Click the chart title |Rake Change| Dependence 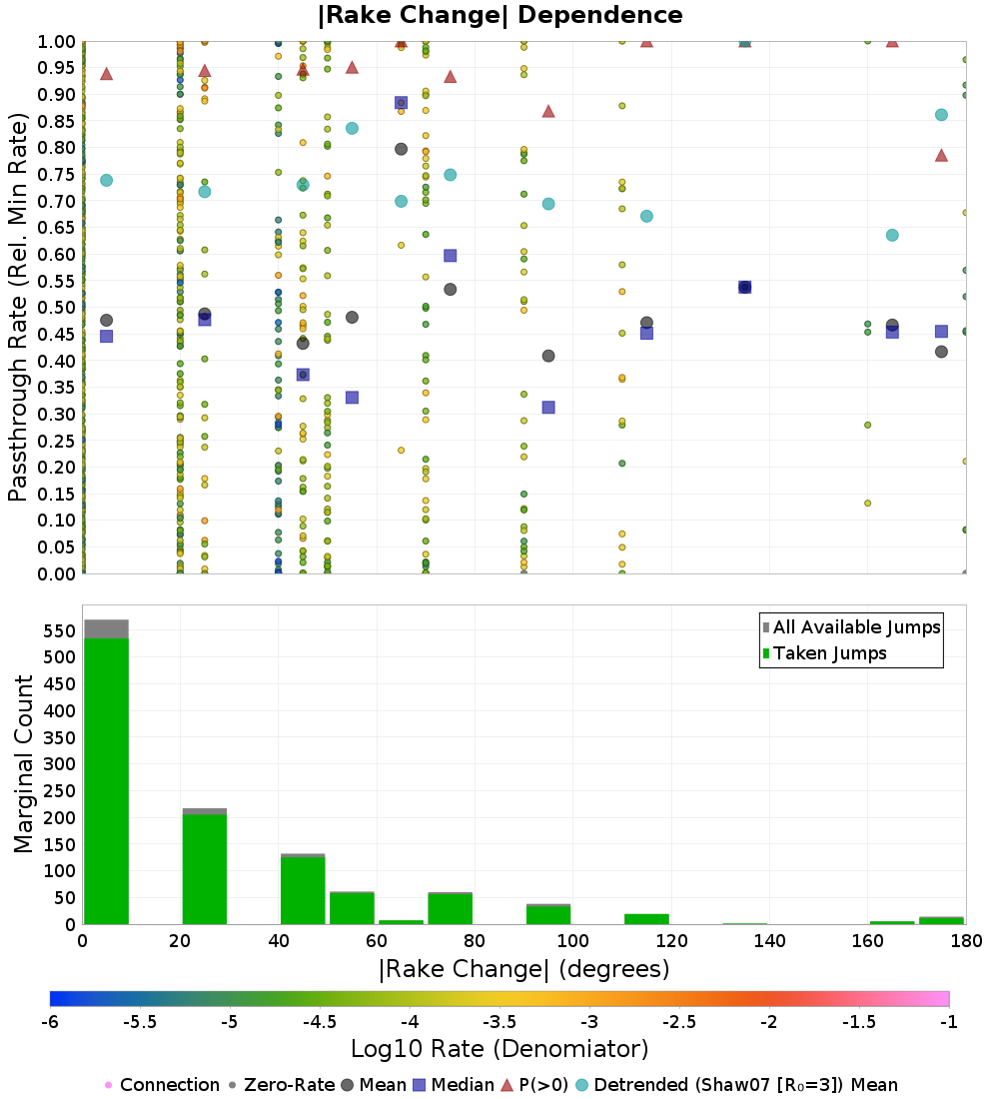[499, 15]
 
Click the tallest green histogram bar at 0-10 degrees [106, 779]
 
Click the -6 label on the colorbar [49, 1020]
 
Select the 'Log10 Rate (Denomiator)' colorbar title [499, 1049]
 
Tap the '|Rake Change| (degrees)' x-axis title [523, 969]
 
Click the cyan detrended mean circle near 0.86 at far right [941, 115]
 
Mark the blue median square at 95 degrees [548, 408]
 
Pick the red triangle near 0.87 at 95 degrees [548, 111]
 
